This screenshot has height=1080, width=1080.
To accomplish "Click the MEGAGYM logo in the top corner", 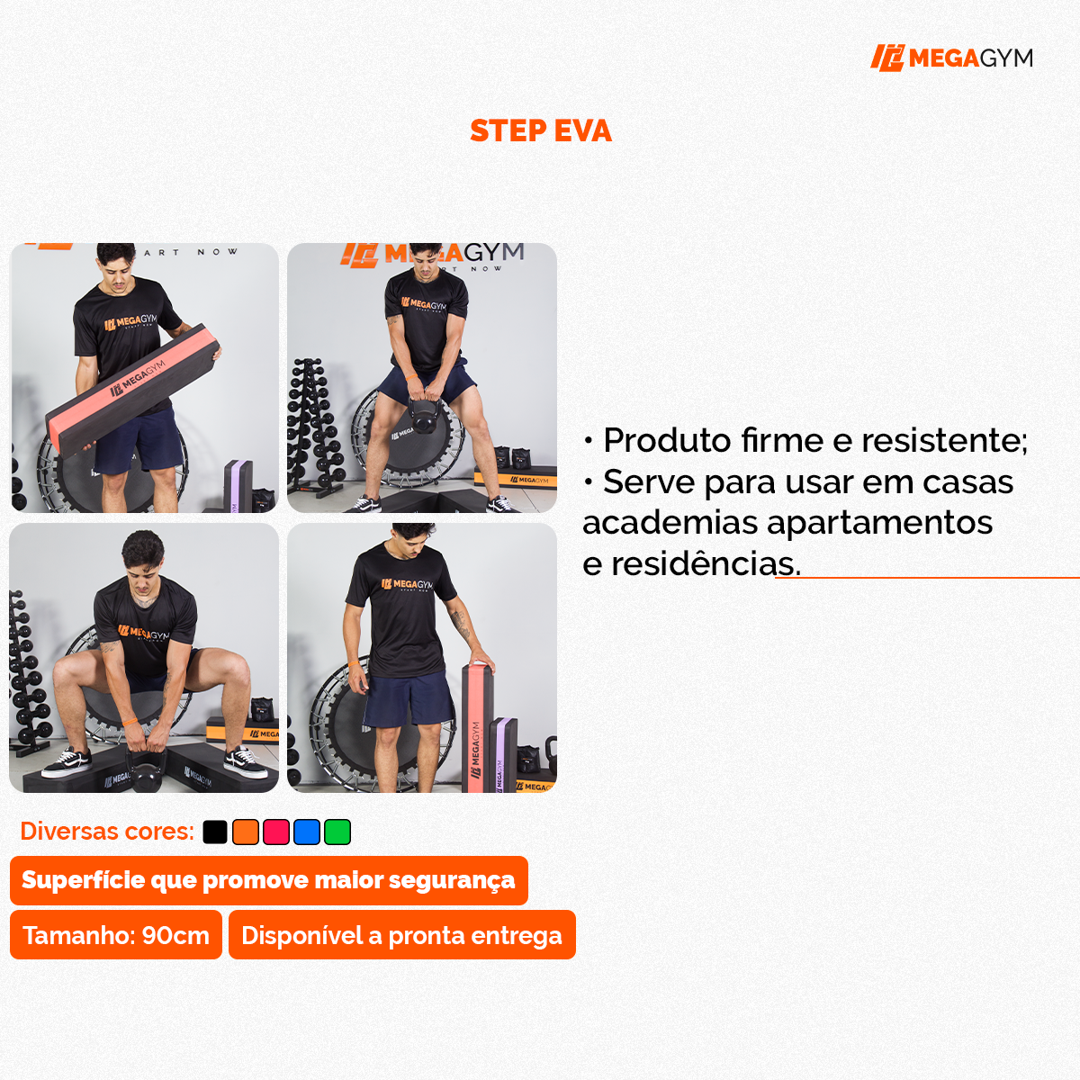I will [951, 58].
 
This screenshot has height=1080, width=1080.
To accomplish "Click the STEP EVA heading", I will [540, 131].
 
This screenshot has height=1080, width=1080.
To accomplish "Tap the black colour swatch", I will [215, 832].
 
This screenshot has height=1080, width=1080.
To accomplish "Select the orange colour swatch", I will [246, 832].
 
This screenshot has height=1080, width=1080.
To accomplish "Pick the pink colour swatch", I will [276, 832].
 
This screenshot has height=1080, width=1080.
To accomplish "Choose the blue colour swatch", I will [307, 832].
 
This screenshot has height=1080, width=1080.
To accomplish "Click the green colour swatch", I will [337, 832].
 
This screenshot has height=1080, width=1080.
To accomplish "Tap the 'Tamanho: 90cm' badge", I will [116, 935].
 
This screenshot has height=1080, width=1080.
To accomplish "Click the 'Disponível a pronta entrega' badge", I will [401, 935].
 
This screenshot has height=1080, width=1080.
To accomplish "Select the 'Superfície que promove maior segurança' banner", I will [268, 880].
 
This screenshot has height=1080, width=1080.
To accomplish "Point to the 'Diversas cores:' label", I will [107, 832].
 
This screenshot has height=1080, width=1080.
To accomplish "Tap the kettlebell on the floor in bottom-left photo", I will [146, 769].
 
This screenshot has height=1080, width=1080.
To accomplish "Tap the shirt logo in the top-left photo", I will [130, 322].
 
